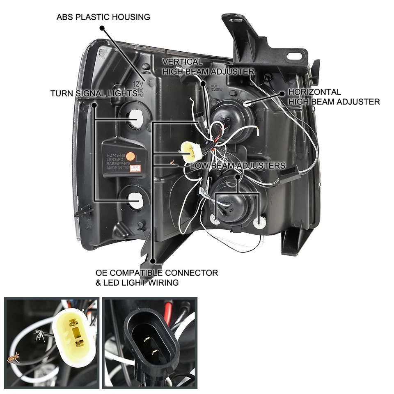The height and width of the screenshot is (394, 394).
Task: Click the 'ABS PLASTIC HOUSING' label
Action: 103,17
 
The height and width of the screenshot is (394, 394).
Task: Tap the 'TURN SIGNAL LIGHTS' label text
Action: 94,93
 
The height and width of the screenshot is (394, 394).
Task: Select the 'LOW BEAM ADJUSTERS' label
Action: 238,165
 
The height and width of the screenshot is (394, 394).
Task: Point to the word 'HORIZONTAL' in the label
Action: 314,92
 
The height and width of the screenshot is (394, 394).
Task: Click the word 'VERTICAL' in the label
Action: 182,62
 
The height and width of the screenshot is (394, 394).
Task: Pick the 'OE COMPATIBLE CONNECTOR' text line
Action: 156,273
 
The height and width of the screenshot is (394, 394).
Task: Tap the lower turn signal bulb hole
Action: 136,200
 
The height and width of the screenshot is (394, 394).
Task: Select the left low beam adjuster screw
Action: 215,219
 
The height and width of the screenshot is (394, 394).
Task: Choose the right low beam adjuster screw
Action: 258,223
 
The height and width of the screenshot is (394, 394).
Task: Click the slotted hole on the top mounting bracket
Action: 294,56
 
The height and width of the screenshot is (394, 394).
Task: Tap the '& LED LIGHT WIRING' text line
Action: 137,282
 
